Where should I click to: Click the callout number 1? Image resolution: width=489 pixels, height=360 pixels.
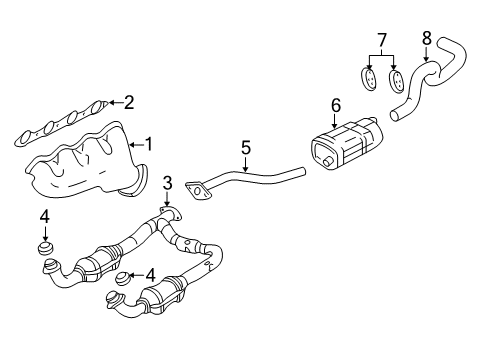click(149, 144)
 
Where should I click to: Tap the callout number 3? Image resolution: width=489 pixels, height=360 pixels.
click(168, 182)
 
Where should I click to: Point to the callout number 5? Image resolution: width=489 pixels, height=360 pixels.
click(245, 149)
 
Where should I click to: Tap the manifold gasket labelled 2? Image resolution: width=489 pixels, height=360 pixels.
click(60, 120)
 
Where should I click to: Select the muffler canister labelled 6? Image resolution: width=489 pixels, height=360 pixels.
click(345, 145)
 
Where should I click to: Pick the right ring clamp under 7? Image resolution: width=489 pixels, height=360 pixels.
click(395, 78)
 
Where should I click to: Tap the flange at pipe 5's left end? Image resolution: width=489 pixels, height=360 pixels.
click(201, 190)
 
